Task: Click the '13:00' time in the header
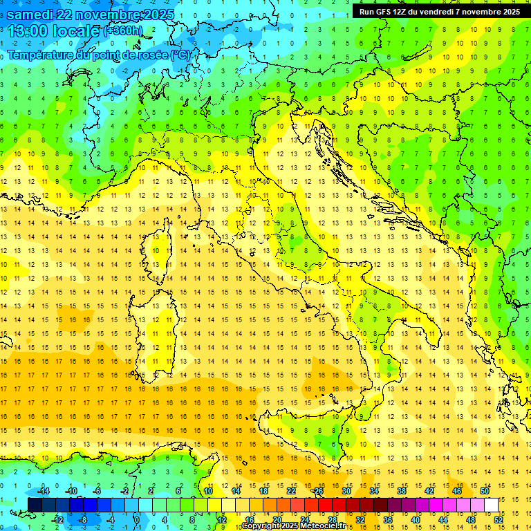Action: (x=28, y=31)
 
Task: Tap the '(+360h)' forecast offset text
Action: (x=122, y=31)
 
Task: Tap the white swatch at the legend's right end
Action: (x=491, y=505)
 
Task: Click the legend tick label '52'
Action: (x=498, y=520)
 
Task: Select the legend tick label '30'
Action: (x=346, y=491)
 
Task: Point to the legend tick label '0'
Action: (x=136, y=520)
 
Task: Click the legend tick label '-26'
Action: (x=317, y=491)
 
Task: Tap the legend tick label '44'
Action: (x=442, y=520)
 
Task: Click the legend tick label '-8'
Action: (x=83, y=520)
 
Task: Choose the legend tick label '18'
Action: (x=263, y=491)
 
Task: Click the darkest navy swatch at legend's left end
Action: (x=35, y=505)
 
